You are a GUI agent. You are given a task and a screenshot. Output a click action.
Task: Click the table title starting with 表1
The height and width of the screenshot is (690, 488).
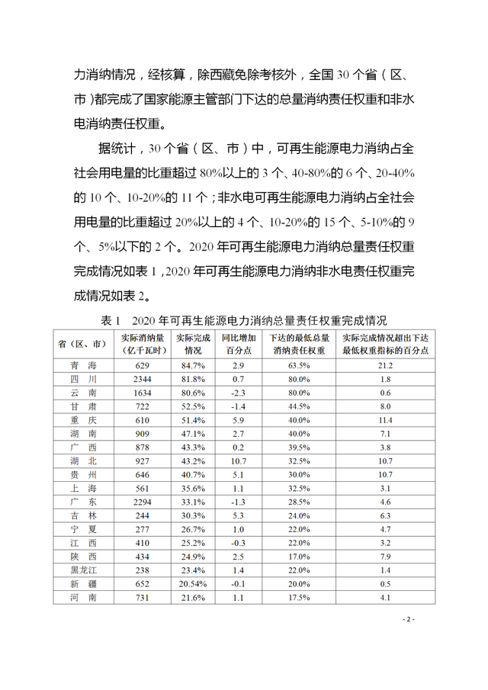tap(244, 319)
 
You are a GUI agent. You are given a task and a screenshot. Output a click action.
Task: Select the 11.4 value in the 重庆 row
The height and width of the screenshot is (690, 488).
tap(384, 419)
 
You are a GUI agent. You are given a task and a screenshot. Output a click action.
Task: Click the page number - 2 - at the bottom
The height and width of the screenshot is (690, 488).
tap(407, 619)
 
